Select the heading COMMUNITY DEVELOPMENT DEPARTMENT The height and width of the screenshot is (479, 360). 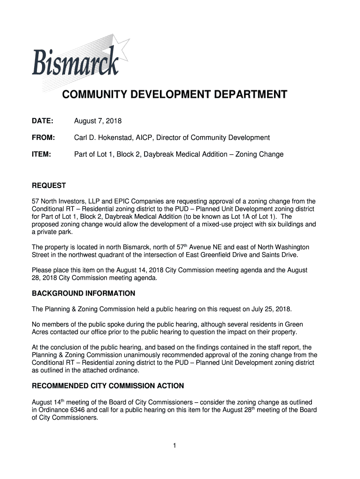175,95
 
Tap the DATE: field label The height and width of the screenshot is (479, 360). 43,122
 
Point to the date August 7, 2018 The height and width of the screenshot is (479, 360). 98,122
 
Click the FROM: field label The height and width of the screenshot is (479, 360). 43,138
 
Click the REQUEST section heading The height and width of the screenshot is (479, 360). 49,186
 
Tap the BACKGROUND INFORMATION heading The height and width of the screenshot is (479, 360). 83,294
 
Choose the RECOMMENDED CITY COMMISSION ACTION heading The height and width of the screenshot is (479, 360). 108,386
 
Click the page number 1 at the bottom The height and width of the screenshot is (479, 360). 174,446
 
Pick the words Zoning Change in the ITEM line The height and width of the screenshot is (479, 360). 261,154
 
